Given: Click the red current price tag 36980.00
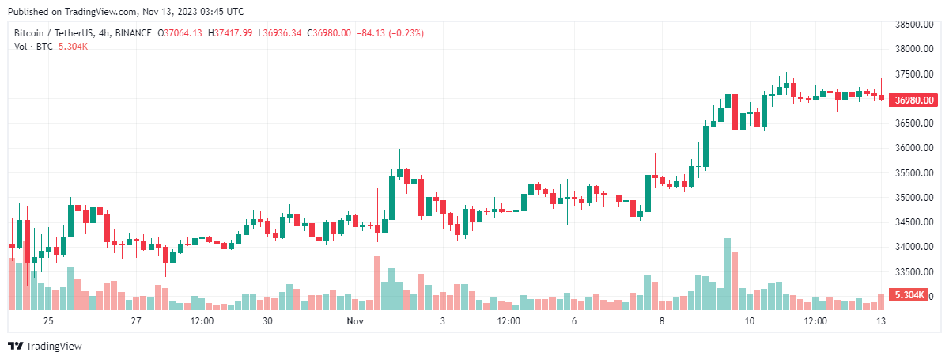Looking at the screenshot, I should pyautogui.click(x=914, y=100).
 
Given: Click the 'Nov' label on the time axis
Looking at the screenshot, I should pyautogui.click(x=354, y=321).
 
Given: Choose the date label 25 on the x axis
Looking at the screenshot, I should pyautogui.click(x=48, y=321).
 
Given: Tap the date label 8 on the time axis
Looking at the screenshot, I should pyautogui.click(x=662, y=321).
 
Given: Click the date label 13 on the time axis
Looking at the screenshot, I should pyautogui.click(x=880, y=321).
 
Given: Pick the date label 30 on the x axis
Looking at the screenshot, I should pyautogui.click(x=267, y=321).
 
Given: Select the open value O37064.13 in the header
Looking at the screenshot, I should pyautogui.click(x=180, y=33).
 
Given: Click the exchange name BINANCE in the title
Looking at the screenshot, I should pyautogui.click(x=132, y=33).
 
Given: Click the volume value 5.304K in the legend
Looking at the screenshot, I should pyautogui.click(x=74, y=47).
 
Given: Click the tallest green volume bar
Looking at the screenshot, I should pyautogui.click(x=727, y=274).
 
